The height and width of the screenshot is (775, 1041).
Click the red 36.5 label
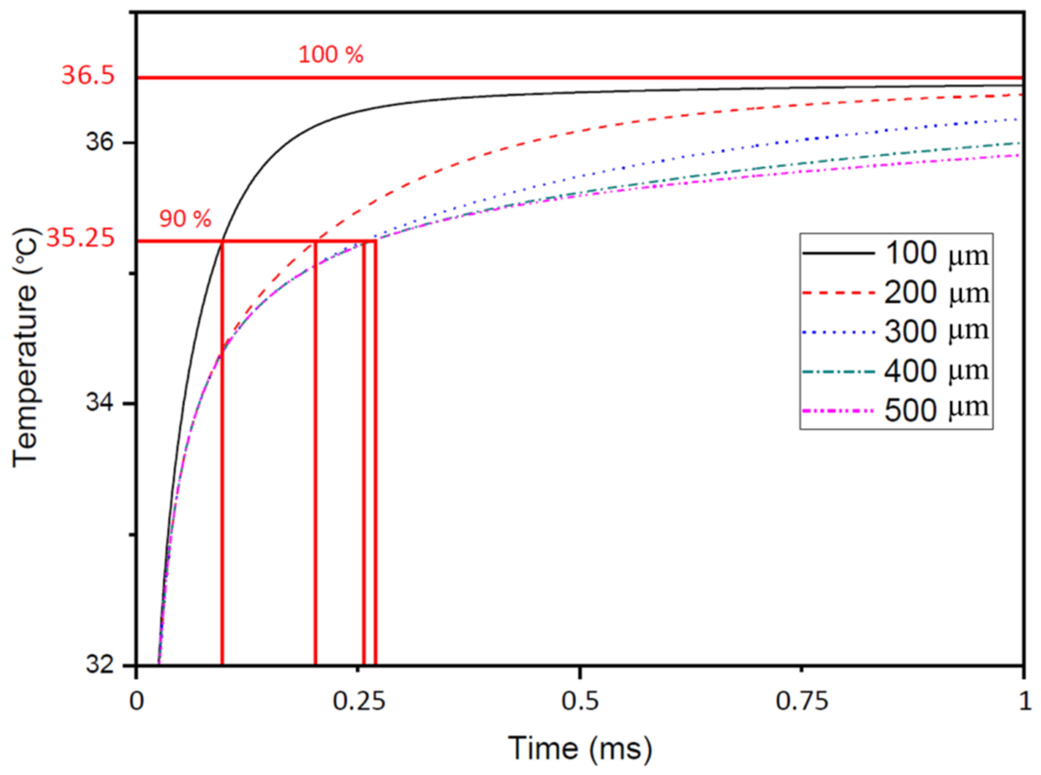tap(88, 75)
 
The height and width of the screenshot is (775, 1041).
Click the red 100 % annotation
tap(331, 55)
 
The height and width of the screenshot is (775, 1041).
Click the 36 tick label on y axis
tap(100, 142)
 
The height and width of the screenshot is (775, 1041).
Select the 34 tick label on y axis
tap(100, 403)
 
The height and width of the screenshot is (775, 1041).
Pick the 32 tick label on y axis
tap(100, 665)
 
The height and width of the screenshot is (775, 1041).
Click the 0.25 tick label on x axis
tap(358, 702)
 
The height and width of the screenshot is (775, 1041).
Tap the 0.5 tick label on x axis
tap(580, 702)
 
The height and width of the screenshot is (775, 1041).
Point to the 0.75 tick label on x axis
tap(802, 702)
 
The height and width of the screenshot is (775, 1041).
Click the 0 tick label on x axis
tap(137, 702)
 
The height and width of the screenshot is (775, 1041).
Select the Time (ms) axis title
tap(580, 749)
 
